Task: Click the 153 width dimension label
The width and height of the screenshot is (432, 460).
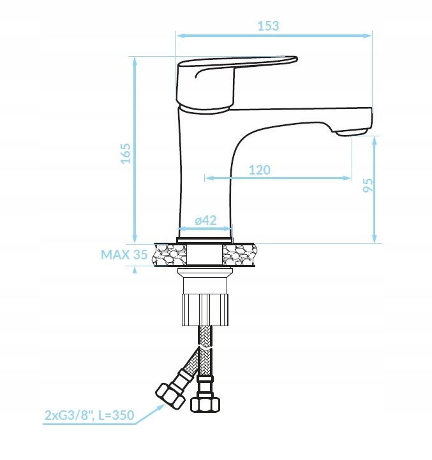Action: (x=268, y=26)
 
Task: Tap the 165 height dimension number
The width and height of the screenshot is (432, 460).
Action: (x=126, y=153)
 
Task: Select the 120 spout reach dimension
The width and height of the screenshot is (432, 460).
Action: (x=260, y=170)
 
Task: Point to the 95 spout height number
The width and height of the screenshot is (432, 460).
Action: (x=368, y=185)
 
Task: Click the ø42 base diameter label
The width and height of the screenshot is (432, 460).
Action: (x=205, y=220)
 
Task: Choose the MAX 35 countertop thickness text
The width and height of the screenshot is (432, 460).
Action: (x=124, y=254)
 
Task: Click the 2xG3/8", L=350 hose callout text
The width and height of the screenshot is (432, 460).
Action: (x=89, y=415)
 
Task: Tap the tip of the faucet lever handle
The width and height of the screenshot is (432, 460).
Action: (x=297, y=59)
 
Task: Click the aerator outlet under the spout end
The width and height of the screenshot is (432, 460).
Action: (x=351, y=133)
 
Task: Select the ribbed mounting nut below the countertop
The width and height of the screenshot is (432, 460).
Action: (x=205, y=309)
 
